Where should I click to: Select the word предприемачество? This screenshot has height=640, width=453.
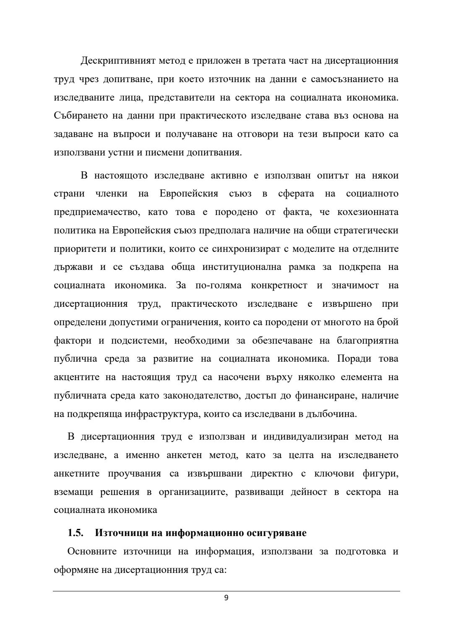point(96,212)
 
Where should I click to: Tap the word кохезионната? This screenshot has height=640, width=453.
point(368,212)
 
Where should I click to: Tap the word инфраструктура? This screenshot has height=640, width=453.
point(161,414)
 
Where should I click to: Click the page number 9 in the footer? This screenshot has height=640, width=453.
point(226,598)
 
